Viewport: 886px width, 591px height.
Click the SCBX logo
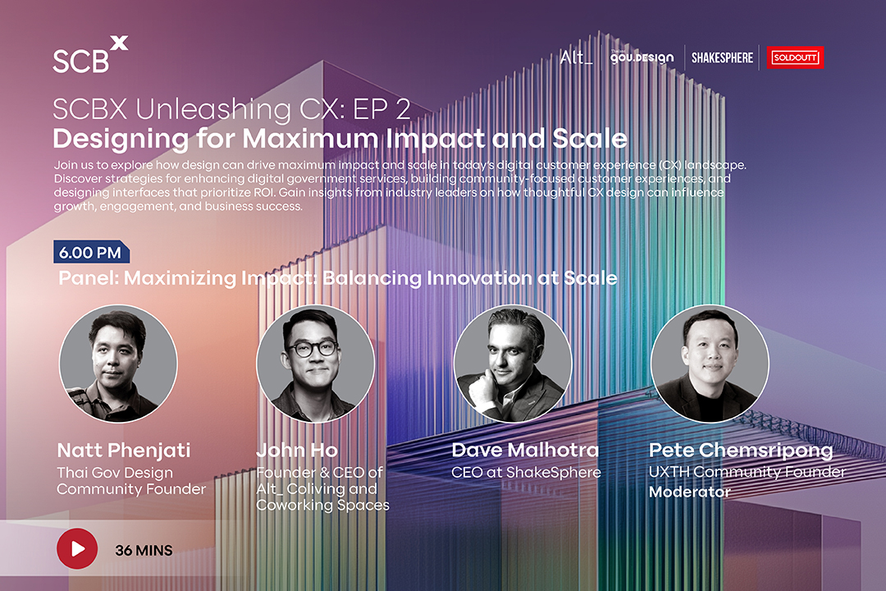click(90, 55)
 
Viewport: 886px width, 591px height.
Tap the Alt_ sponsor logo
click(577, 57)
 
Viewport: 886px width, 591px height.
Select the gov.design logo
click(642, 57)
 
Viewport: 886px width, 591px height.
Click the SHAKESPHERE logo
click(722, 57)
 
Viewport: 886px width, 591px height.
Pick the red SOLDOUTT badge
click(795, 57)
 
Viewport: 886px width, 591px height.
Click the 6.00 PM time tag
click(91, 252)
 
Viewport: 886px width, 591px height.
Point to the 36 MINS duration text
click(144, 550)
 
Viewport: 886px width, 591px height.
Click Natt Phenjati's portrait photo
click(118, 364)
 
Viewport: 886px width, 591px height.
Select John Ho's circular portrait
click(315, 364)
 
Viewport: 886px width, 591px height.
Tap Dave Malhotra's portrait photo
click(513, 364)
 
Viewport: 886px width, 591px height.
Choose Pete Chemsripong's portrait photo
click(710, 364)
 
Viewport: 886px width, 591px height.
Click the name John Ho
click(297, 450)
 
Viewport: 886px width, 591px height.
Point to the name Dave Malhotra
click(525, 450)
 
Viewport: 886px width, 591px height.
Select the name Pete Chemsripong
click(741, 451)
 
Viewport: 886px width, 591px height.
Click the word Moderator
click(689, 492)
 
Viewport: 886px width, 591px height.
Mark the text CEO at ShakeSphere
click(526, 472)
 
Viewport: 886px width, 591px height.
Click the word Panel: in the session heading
click(89, 278)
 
